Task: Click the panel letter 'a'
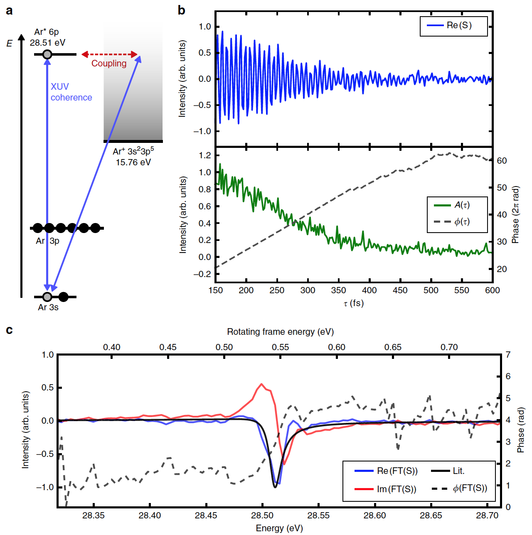9,10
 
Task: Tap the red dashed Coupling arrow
109,54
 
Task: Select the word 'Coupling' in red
109,64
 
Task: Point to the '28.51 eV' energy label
47,42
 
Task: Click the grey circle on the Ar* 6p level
47,54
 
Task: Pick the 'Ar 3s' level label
48,307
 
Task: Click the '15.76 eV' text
133,162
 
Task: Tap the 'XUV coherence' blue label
71,92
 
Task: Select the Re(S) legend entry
453,25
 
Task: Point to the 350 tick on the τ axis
338,290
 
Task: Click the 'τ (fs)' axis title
354,303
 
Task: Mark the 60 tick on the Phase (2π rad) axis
502,161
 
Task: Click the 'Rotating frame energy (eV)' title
280,331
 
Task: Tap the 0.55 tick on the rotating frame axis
280,347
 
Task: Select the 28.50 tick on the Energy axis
262,515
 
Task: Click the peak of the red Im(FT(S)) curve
261,384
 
